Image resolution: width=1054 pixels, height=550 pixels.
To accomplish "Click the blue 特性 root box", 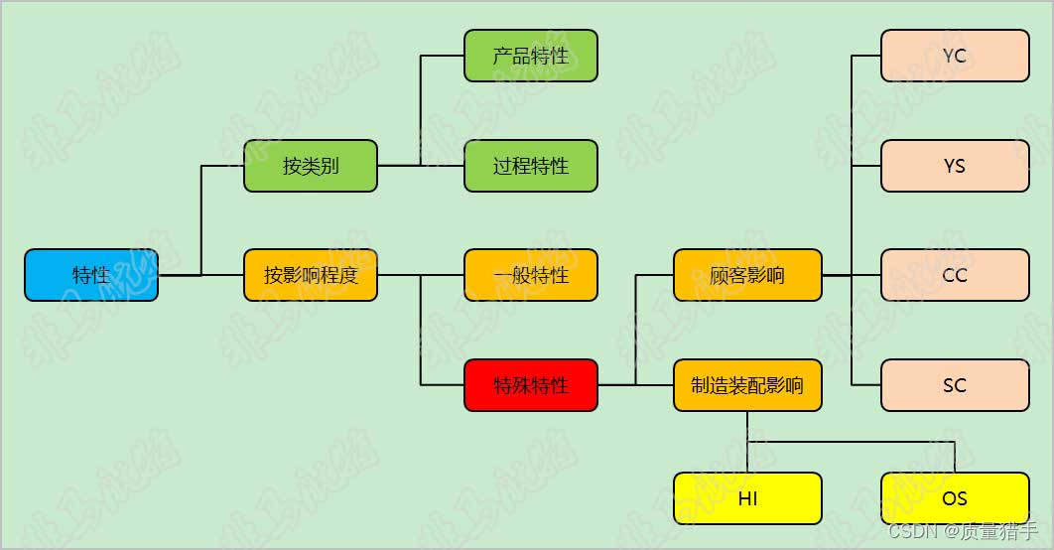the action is coord(91,275).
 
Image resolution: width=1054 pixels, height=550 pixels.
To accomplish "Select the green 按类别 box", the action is coord(311,166).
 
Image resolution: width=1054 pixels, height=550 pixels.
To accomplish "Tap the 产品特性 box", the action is coord(531,56).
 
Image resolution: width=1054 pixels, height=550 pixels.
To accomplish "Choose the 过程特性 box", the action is coord(531,166).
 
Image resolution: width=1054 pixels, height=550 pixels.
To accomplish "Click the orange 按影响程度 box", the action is coord(311,275).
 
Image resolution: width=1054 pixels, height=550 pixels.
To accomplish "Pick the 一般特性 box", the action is coord(531,275).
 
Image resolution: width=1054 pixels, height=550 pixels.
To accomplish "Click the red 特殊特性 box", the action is coord(531,384).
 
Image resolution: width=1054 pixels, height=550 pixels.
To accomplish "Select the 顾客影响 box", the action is coord(747,275).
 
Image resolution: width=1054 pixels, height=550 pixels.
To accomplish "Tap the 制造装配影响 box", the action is coord(747,385).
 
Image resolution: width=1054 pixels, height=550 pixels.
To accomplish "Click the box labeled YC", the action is coord(955,56).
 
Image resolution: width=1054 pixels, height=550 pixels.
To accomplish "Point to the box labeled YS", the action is coord(955,166).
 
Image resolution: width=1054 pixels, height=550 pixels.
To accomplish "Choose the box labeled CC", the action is coord(955,275).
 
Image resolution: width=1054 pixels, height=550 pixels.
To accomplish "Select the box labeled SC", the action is coord(955,384).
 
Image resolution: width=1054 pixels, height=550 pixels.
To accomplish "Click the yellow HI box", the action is coord(747,498).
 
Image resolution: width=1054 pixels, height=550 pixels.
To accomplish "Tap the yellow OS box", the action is coord(955,498).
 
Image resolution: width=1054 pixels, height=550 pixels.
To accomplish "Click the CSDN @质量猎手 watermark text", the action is coord(963,531).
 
